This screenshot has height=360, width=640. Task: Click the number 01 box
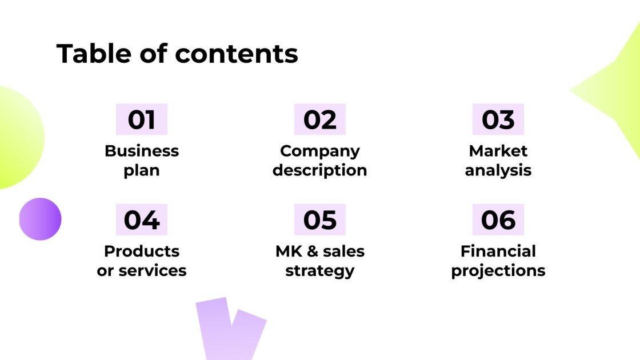point(142,119)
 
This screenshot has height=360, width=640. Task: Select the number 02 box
point(320,119)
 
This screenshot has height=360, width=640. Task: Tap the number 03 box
point(498,119)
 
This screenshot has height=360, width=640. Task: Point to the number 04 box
point(142,220)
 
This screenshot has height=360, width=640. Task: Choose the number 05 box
point(320,220)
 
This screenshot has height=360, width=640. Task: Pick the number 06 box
point(498,220)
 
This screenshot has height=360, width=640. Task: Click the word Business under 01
point(142,151)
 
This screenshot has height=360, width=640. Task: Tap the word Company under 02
point(320,151)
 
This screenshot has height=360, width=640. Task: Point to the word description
point(320,170)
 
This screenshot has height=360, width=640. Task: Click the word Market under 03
point(498,151)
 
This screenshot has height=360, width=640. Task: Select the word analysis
point(498,170)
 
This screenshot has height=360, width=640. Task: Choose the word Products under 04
point(142,251)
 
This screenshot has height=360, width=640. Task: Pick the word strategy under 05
point(320,271)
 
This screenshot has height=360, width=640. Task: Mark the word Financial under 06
point(498,251)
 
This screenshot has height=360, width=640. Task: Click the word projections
point(498,271)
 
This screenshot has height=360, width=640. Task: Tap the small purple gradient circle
point(40,219)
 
